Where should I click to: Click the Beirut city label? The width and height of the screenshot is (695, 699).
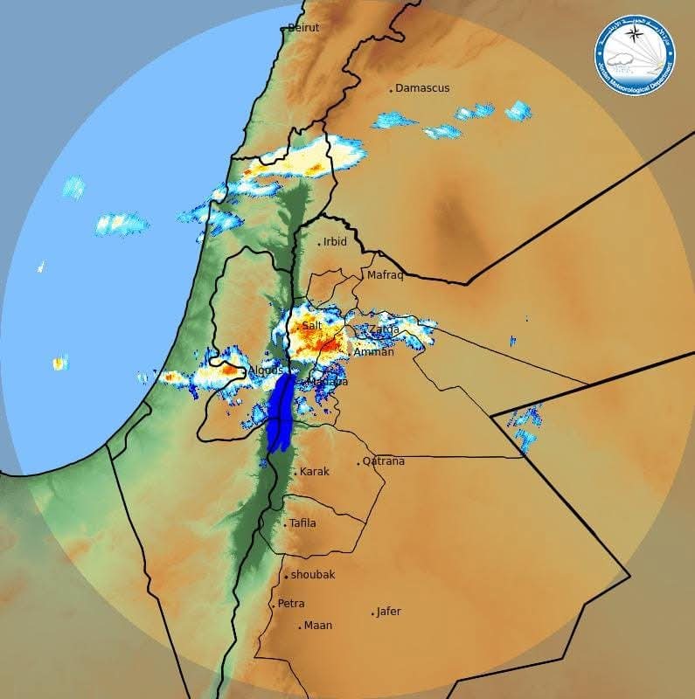pyautogui.click(x=303, y=28)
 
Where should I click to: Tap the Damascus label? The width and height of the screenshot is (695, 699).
pyautogui.click(x=422, y=88)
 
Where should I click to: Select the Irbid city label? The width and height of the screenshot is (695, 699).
pyautogui.click(x=335, y=242)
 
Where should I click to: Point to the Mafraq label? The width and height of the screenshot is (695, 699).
pyautogui.click(x=385, y=275)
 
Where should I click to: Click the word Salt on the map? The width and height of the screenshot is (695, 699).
pyautogui.click(x=312, y=326)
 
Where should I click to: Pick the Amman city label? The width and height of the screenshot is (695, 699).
pyautogui.click(x=374, y=352)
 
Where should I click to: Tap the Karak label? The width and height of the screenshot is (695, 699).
pyautogui.click(x=315, y=472)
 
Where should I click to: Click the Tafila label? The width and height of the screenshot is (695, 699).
pyautogui.click(x=302, y=523)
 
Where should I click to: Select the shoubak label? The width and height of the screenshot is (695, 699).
pyautogui.click(x=313, y=575)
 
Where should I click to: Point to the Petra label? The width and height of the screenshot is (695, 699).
pyautogui.click(x=291, y=604)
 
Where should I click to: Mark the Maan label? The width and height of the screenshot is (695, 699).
pyautogui.click(x=317, y=626)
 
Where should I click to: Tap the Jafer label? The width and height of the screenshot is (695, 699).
pyautogui.click(x=388, y=612)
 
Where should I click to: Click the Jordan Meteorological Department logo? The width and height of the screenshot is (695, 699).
pyautogui.click(x=635, y=54)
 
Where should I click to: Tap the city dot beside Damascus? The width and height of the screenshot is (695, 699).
pyautogui.click(x=391, y=90)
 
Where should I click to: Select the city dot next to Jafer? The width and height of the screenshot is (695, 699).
pyautogui.click(x=373, y=613)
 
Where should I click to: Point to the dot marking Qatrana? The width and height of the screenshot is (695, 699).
pyautogui.click(x=358, y=463)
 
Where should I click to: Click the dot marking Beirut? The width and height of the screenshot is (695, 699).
pyautogui.click(x=282, y=29)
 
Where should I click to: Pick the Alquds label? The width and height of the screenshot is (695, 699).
pyautogui.click(x=266, y=370)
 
